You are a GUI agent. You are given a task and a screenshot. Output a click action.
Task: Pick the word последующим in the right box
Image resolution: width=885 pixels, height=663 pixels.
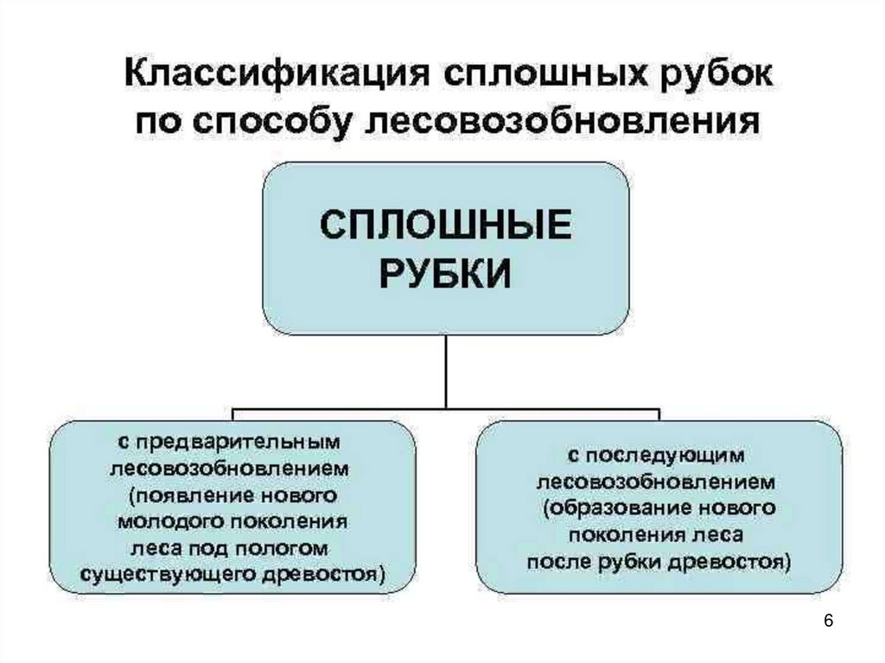tap(668, 454)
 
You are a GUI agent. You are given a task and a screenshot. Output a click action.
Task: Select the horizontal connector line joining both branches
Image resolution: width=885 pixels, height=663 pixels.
tap(446, 406)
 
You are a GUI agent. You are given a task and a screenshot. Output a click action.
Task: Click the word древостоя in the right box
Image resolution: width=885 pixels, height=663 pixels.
tap(737, 561)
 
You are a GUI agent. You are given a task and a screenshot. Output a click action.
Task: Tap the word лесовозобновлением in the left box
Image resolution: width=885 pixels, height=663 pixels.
tap(227, 469)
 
